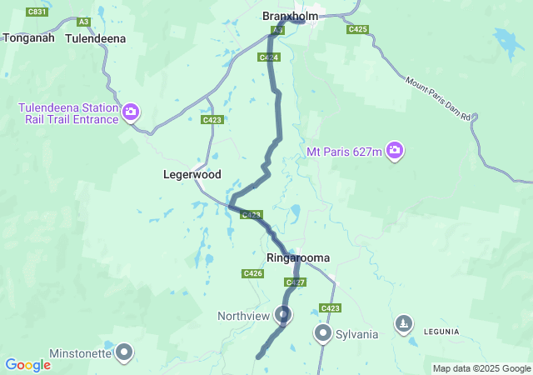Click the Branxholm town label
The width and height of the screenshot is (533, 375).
(291, 16)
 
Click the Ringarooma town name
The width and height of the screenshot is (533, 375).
(298, 257)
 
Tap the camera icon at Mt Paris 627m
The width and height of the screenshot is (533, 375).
(395, 151)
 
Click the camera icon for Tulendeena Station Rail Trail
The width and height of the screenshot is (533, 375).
(131, 112)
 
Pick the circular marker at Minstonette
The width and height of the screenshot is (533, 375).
(125, 352)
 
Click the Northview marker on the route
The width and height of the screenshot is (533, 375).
(284, 315)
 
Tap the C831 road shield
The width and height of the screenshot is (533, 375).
(37, 12)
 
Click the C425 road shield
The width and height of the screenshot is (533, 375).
(357, 29)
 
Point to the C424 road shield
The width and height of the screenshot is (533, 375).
(268, 57)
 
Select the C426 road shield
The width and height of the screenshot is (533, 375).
(253, 273)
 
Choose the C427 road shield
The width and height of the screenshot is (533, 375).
(295, 282)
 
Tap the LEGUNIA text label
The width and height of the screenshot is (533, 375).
(441, 331)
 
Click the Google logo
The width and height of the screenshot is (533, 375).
(27, 365)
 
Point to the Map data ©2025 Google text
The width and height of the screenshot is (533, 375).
(481, 368)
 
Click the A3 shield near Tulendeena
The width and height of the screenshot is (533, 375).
(82, 22)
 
